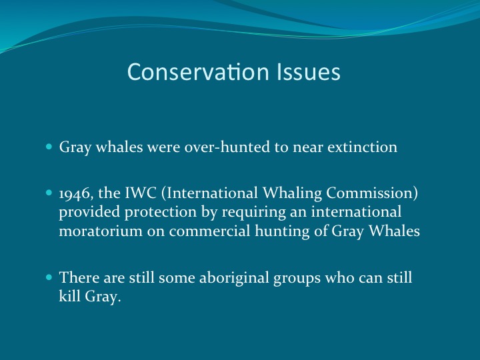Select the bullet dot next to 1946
pos(50,193)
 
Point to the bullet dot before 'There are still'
pos(50,277)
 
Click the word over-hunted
pos(227,147)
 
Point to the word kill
pos(69,297)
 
